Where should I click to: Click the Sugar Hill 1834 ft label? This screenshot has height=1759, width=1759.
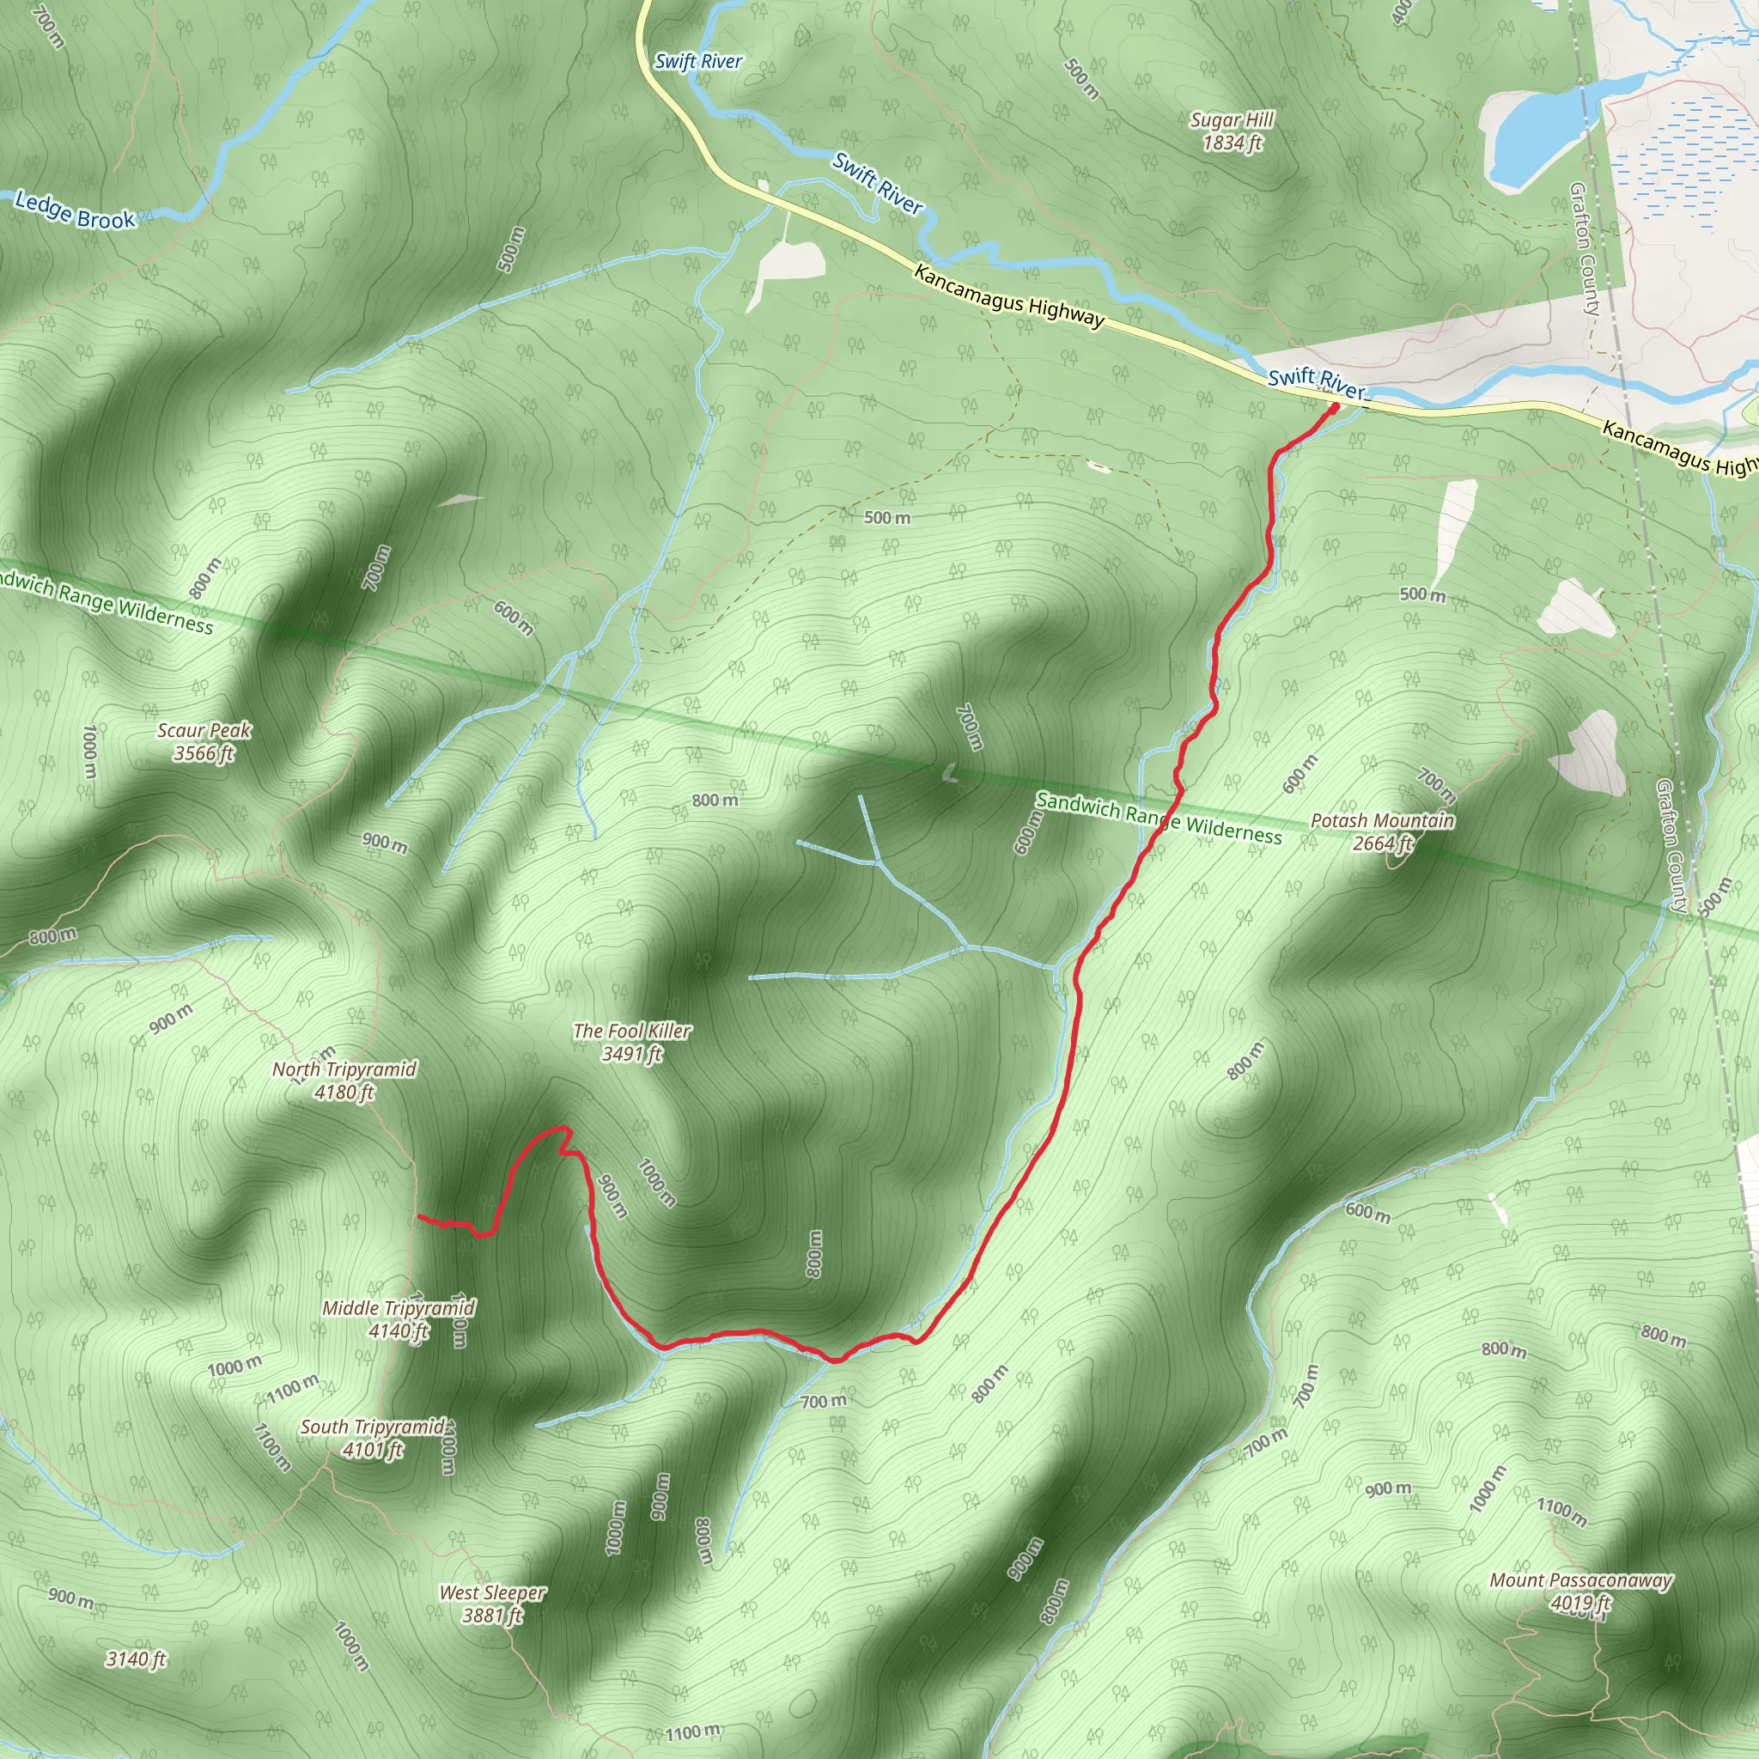[x=1232, y=132]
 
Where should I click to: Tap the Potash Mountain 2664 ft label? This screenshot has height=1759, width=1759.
[x=1382, y=832]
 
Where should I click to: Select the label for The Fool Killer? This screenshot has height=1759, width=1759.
[x=631, y=1043]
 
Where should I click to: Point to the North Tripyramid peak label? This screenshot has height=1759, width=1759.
[x=344, y=1080]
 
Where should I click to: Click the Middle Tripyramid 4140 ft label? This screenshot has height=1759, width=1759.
[x=398, y=1319]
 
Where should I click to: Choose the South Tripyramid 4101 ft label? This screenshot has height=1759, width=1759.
[x=374, y=1438]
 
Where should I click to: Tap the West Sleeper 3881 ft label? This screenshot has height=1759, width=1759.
[x=492, y=1604]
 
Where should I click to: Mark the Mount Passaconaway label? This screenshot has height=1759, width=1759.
[x=1579, y=1592]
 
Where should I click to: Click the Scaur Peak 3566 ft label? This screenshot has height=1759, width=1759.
[x=204, y=741]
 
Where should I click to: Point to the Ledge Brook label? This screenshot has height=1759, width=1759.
[x=75, y=210]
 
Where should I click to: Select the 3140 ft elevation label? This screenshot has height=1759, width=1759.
[x=136, y=1659]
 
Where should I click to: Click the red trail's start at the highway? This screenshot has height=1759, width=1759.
[x=1335, y=408]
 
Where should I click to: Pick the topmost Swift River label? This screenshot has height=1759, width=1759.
[x=698, y=62]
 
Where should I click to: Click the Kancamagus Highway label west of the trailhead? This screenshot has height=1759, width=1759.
[x=1009, y=297]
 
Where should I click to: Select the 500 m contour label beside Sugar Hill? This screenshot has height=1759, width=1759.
[x=1080, y=79]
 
